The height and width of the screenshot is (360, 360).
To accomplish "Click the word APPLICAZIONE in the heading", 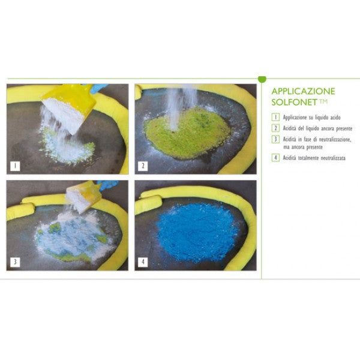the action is (x=303, y=91).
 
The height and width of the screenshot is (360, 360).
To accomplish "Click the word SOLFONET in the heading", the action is (x=294, y=102).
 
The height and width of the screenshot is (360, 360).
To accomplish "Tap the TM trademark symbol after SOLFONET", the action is (x=323, y=101).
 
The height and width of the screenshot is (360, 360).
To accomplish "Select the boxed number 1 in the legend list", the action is (x=275, y=117).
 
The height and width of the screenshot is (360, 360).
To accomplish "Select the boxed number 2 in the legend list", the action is (x=275, y=128).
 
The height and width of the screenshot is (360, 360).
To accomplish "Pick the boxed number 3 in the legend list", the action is (x=275, y=139).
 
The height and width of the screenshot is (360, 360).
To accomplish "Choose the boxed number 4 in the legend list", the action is (x=275, y=157).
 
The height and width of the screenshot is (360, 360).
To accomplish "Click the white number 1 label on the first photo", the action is (x=15, y=166).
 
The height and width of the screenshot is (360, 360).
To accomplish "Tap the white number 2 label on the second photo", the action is (x=143, y=166).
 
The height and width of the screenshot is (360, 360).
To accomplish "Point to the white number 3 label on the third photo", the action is (x=15, y=262).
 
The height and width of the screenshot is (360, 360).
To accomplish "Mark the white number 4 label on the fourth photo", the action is (x=143, y=262).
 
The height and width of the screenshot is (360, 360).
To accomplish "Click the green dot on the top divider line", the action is (x=262, y=79).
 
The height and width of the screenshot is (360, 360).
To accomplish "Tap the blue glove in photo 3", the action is (x=108, y=184).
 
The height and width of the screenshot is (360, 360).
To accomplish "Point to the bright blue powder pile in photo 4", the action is (x=197, y=232).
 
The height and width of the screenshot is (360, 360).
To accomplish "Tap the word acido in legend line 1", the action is (x=335, y=118).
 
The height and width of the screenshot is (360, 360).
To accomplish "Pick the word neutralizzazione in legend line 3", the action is (x=335, y=139).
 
